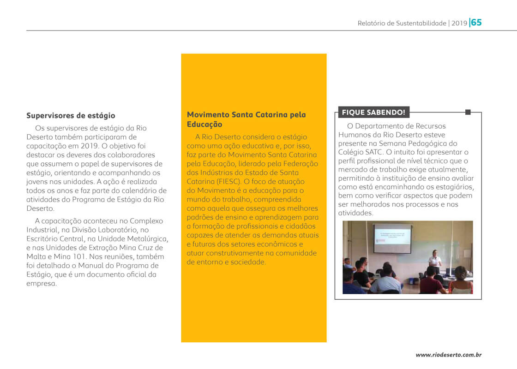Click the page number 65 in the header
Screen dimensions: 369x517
476,22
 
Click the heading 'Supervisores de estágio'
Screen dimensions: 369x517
71,116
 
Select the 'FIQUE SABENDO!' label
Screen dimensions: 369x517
373,112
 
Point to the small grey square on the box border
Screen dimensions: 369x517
468,112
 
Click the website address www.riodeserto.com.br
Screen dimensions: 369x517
449,355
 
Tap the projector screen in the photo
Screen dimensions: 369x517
392,238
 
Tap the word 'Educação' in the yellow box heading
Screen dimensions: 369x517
204,125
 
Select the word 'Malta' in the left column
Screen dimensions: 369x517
37,256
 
